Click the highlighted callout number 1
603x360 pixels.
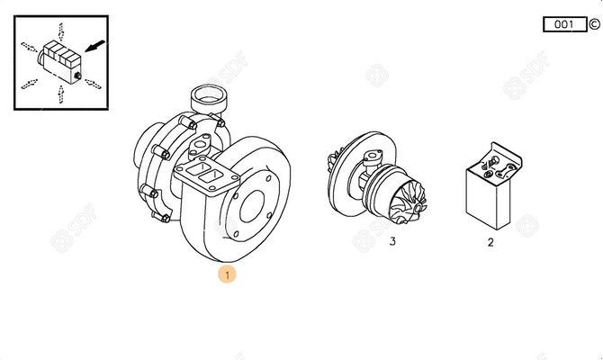(228, 274)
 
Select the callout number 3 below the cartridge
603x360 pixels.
(391, 241)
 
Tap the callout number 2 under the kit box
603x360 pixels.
(490, 241)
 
